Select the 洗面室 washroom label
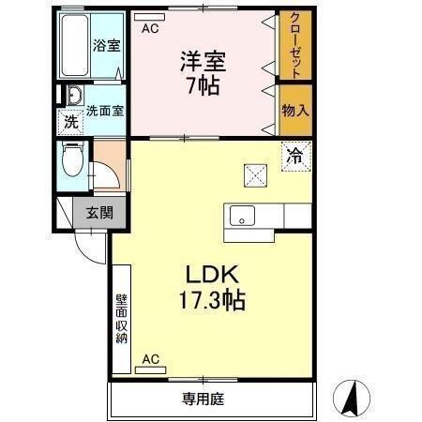[106, 110]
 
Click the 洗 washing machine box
[70, 120]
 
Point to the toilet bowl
[71, 160]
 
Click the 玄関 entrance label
[98, 212]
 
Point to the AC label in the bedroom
[149, 29]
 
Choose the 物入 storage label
[294, 111]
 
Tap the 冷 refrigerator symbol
[294, 156]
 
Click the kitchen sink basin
[242, 216]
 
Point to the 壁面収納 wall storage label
[121, 319]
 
